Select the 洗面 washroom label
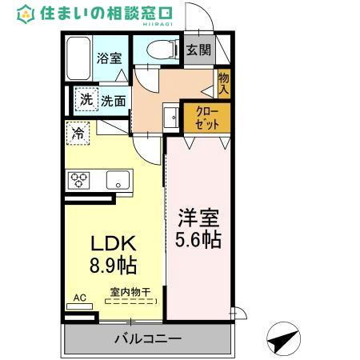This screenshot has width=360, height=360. point(113,102)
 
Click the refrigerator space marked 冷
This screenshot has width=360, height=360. point(78,132)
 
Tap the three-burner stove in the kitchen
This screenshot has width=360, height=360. point(79,179)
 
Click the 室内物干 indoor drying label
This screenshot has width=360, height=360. point(128,293)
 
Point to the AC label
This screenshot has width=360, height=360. point(79,298)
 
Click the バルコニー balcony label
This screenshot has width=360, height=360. point(147,338)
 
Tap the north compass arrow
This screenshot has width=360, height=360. point(282,339)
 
